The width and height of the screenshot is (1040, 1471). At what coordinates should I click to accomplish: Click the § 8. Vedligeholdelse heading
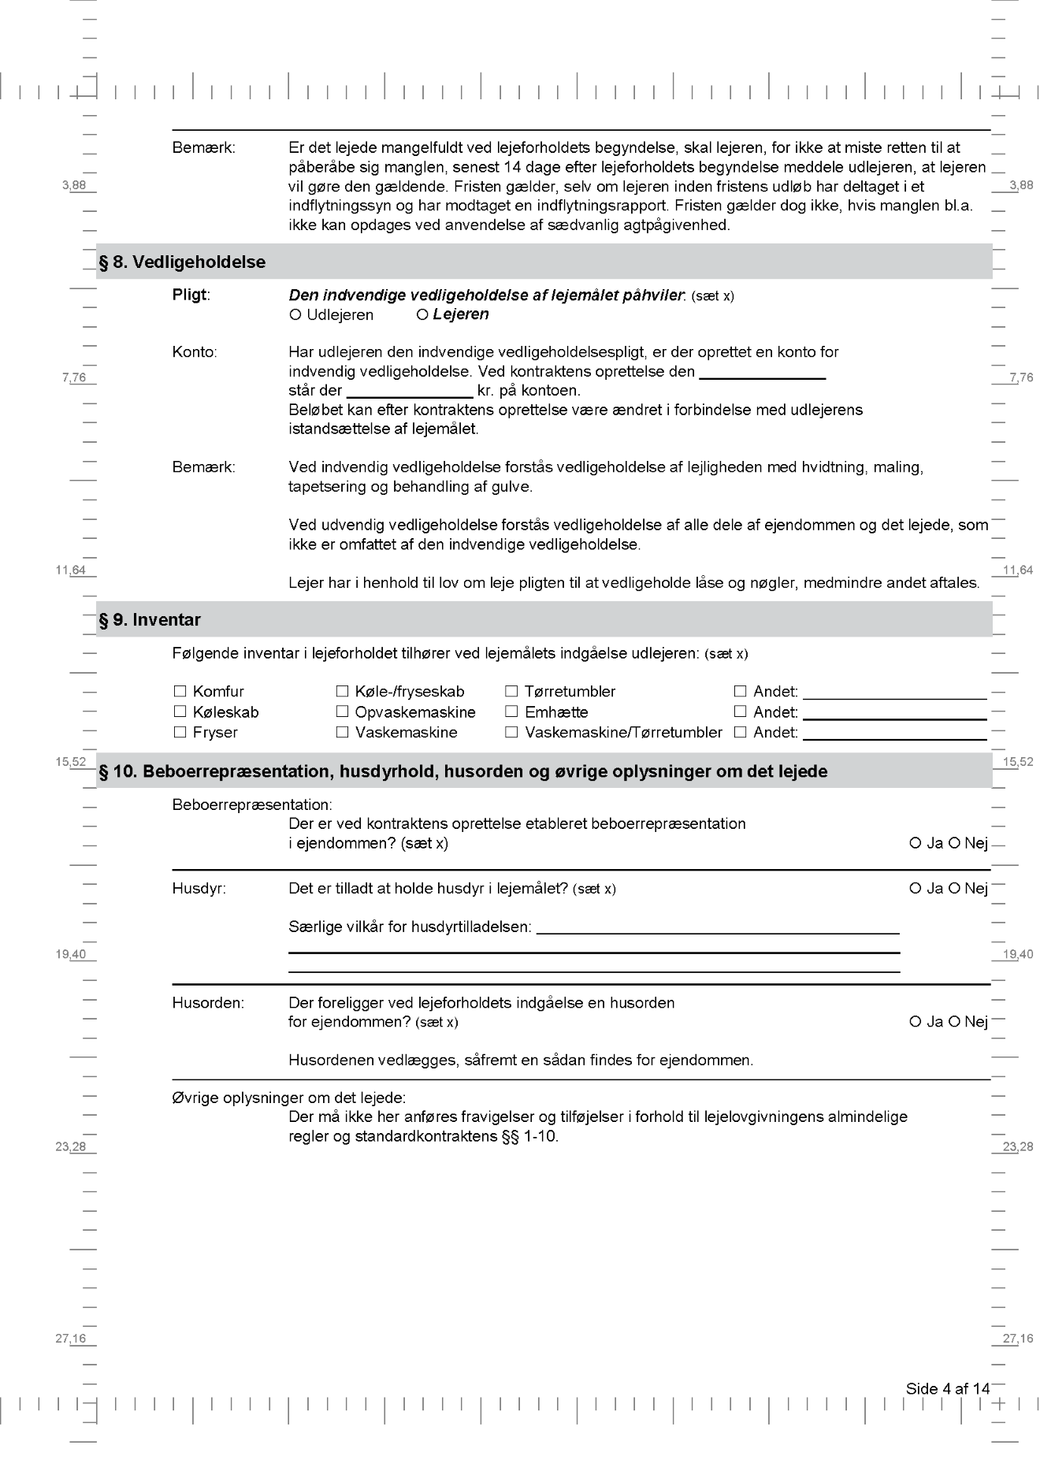pos(182,262)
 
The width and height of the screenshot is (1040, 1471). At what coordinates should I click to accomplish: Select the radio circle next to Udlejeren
pos(295,315)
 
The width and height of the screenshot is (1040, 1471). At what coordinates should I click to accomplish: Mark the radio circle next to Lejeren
pos(422,315)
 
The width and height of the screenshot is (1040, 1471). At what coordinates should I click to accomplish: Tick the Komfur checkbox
pos(180,692)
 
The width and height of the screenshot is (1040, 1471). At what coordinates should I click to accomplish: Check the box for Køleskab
pos(180,712)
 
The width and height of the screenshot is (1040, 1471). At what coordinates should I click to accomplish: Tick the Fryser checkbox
pos(180,733)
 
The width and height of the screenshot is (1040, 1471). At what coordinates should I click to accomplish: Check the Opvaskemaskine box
pos(342,712)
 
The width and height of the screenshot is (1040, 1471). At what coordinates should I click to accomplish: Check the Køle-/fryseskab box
pos(342,692)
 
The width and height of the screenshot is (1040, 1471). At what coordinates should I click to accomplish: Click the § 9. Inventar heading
pos(150,620)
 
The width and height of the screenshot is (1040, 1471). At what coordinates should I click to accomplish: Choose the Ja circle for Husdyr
pos(916,889)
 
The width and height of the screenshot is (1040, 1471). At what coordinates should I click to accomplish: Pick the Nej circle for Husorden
pos(954,1022)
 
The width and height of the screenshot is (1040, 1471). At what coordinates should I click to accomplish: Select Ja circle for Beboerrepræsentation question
pos(916,844)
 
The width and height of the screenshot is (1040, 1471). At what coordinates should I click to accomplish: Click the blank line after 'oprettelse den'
pos(762,375)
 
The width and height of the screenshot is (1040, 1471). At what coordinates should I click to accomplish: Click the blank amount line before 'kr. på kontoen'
pos(410,394)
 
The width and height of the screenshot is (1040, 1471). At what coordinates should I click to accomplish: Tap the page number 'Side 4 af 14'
pos(947,1389)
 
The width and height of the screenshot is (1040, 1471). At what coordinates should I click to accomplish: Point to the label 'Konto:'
pos(195,352)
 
